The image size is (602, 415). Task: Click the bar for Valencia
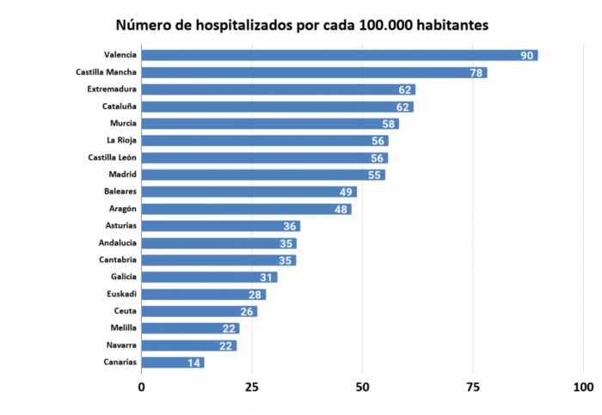[x=340, y=56]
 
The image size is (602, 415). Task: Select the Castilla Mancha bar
[x=314, y=73]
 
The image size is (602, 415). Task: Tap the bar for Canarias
[x=172, y=363]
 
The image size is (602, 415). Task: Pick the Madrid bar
[x=263, y=175]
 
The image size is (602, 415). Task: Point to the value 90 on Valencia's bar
[x=528, y=56]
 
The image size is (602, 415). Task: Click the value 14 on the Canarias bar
[x=194, y=363]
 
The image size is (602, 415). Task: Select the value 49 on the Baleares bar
[x=347, y=192]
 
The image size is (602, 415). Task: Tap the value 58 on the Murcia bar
[x=389, y=124]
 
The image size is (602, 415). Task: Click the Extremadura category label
[x=112, y=89]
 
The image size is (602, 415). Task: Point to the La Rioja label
[x=121, y=140]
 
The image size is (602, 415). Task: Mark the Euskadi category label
[x=119, y=294]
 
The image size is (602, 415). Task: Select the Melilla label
[x=120, y=328]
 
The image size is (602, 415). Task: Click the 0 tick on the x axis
[x=142, y=386]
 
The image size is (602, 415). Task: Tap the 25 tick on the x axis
[x=252, y=386]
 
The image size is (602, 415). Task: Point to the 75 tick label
[x=473, y=386]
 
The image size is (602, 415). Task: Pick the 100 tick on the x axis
[x=583, y=386]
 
